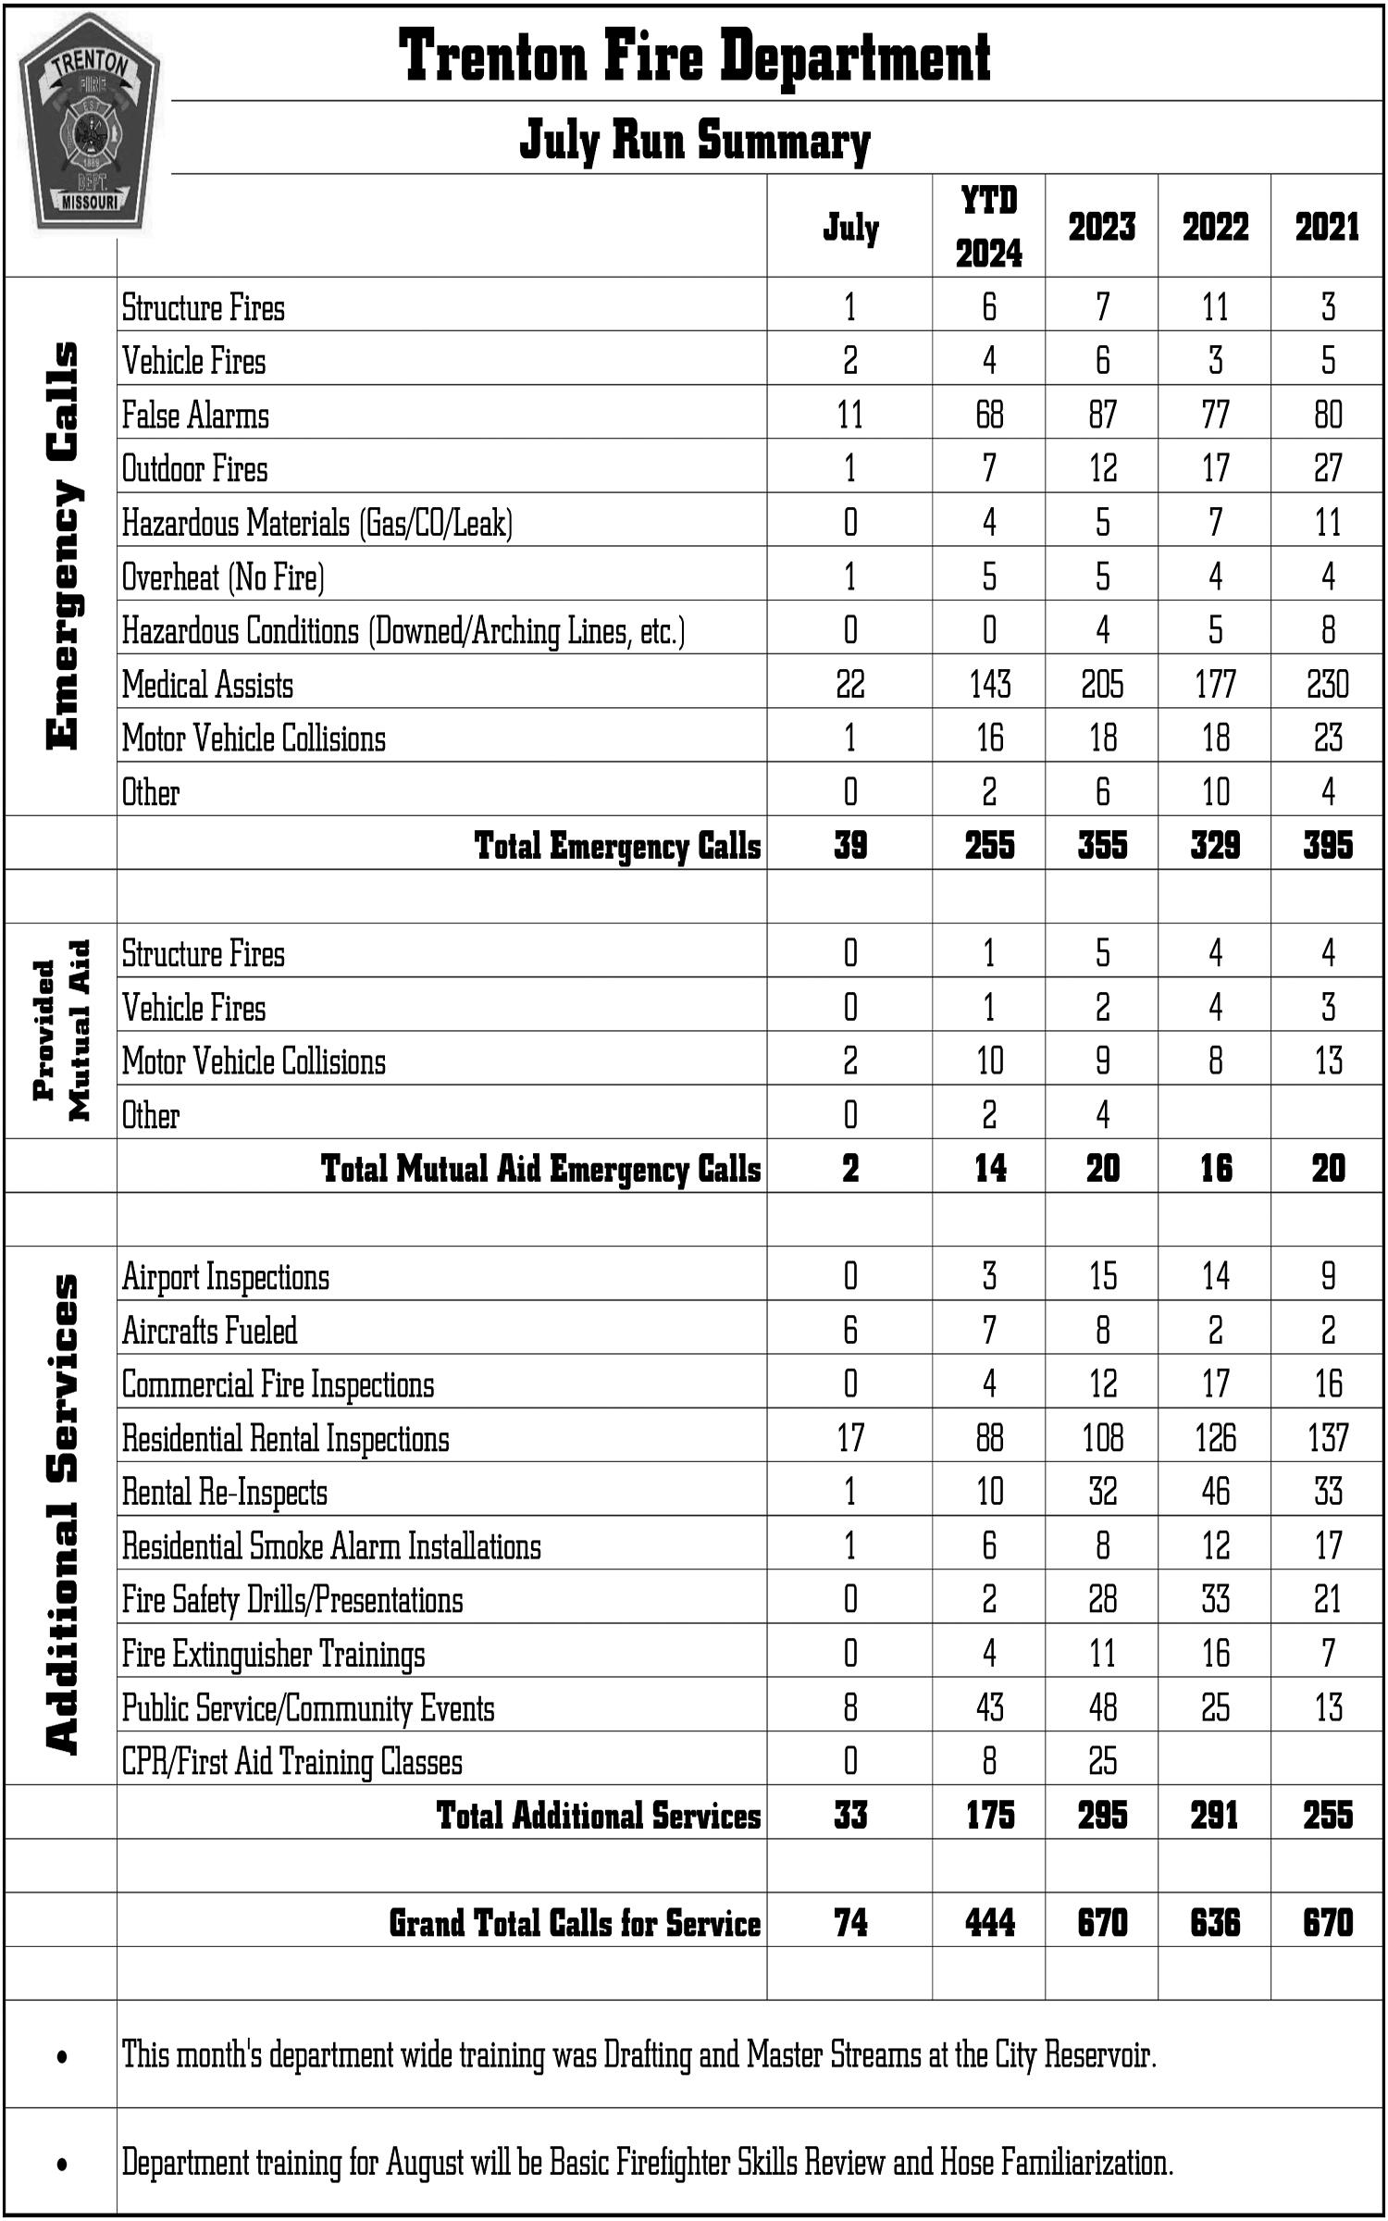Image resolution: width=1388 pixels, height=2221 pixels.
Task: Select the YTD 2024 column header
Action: [x=988, y=227]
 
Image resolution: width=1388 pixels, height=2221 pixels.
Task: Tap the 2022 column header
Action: [x=1214, y=227]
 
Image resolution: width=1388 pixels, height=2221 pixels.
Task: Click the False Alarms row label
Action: [x=195, y=415]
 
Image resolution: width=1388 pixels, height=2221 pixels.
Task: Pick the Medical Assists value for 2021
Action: [x=1327, y=685]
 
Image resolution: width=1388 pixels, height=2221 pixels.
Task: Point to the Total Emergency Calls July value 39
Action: [x=849, y=845]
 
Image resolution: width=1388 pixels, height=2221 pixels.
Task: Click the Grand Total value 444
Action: [x=989, y=1923]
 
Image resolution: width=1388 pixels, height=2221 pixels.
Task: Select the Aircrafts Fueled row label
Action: [x=210, y=1331]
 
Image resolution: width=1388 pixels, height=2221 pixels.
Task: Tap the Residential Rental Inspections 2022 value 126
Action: [x=1215, y=1438]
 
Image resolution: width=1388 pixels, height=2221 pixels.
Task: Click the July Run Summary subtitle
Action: [x=694, y=141]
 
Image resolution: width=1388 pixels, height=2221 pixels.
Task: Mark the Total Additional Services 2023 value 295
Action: [x=1101, y=1816]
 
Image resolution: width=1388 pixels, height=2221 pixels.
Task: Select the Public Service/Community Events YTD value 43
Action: [x=989, y=1707]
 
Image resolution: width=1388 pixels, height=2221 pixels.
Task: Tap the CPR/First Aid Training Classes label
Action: [x=292, y=1761]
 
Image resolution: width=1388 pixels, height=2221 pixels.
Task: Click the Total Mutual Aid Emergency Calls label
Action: [x=540, y=1168]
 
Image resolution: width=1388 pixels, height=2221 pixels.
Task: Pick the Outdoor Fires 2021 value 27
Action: [x=1327, y=468]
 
